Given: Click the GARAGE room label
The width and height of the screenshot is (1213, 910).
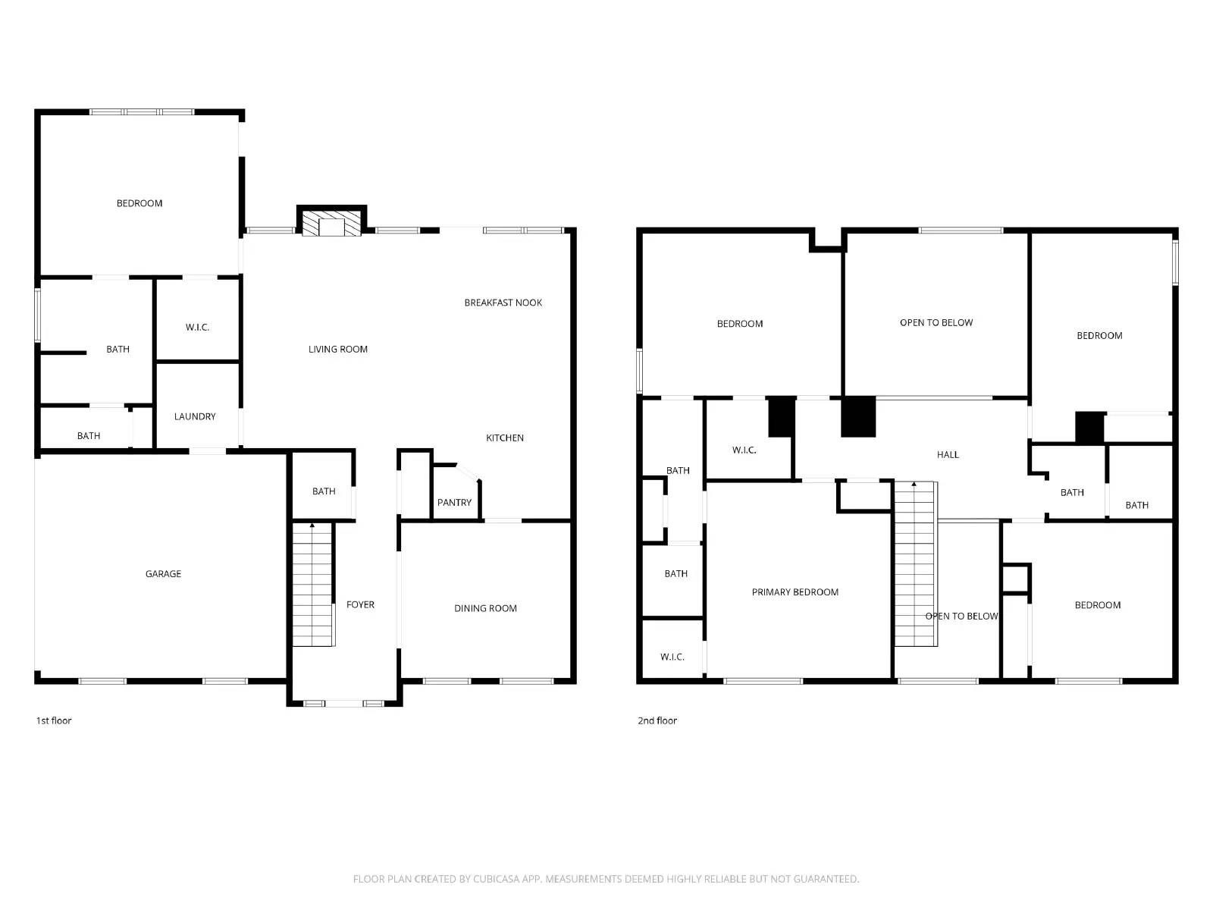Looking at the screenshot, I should (x=163, y=574).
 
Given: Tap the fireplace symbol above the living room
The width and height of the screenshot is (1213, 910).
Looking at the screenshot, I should (x=331, y=224).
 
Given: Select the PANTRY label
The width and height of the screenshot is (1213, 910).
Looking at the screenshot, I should (x=454, y=503).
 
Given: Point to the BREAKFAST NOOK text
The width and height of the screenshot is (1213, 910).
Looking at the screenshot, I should (x=503, y=303).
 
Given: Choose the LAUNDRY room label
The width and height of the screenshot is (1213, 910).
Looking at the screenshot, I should (x=195, y=416).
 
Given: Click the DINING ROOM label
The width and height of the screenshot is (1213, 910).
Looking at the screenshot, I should (x=485, y=608).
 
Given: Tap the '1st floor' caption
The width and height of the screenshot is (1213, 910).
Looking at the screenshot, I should (x=54, y=720).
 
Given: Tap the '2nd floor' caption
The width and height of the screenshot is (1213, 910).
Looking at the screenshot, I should (x=657, y=720).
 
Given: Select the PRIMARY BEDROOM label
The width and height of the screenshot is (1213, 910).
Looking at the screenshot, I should (x=795, y=592).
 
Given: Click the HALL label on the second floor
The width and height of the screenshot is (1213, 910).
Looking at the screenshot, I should (x=948, y=455).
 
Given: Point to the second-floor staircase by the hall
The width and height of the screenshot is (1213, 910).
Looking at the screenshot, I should (x=915, y=565).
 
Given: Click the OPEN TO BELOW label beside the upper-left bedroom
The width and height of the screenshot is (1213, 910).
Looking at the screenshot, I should (x=936, y=323).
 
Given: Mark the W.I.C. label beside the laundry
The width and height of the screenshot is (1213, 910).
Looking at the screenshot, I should (x=197, y=328).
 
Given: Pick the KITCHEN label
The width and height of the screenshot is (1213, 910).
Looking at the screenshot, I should (x=504, y=438).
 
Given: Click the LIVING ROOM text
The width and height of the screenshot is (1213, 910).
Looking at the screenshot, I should (x=337, y=350).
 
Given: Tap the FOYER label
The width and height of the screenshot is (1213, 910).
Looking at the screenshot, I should (x=360, y=604).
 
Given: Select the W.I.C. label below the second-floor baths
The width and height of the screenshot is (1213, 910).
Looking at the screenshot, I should (x=672, y=657).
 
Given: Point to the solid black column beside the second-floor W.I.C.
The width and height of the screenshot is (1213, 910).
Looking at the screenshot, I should (x=782, y=417).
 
